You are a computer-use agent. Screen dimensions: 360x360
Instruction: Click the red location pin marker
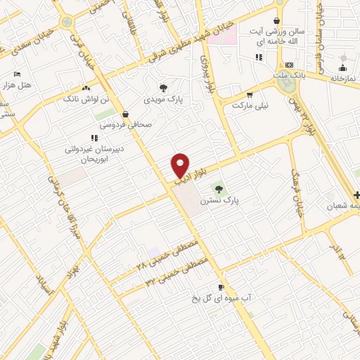tap(181, 165)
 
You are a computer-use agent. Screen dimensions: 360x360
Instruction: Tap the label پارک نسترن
tap(219, 200)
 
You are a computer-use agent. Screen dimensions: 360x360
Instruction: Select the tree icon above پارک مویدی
tap(164, 88)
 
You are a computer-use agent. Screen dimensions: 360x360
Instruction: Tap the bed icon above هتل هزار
tap(18, 74)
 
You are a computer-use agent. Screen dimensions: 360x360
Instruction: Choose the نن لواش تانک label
tap(86, 100)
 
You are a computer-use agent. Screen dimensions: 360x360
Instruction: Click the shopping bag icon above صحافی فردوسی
tap(125, 113)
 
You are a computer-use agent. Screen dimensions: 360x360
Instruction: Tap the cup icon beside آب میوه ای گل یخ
tap(221, 288)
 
